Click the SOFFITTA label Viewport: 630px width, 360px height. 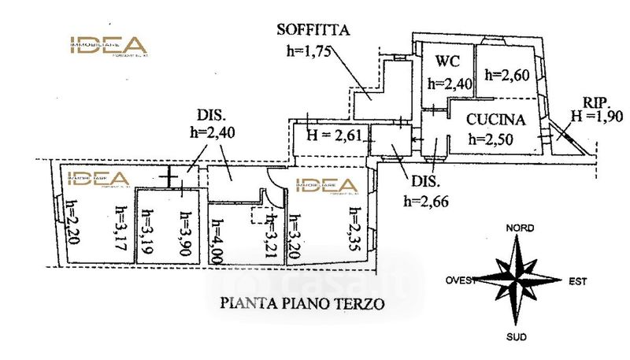313,32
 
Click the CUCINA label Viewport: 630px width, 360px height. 495,121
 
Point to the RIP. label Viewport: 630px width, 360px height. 596,102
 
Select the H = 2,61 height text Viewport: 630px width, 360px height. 334,135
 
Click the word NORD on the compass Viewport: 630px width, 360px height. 520,228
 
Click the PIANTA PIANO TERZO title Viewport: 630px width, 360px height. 302,302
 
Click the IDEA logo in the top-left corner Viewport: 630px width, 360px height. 107,46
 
